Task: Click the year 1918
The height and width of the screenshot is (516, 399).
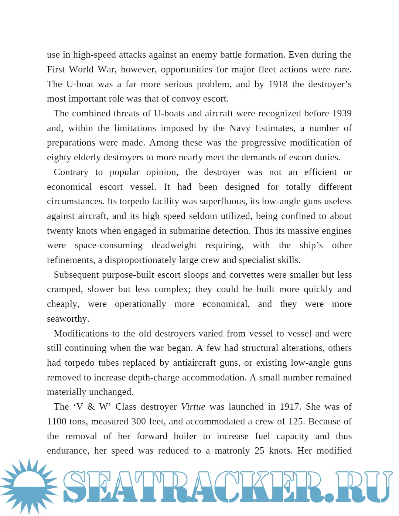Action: point(278,84)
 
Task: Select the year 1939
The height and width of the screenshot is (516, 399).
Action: point(342,113)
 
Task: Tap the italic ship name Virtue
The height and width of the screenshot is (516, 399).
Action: point(193,407)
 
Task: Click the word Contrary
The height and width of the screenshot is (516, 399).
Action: point(71,172)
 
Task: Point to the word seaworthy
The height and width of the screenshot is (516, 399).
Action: point(68,319)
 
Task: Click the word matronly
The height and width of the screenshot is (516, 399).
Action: point(232,451)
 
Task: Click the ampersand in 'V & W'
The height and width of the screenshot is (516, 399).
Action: point(91,407)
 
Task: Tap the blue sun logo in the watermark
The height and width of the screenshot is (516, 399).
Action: point(29,486)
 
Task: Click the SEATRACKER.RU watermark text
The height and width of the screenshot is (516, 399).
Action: point(227,487)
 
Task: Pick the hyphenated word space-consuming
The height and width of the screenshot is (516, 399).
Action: point(108,245)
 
